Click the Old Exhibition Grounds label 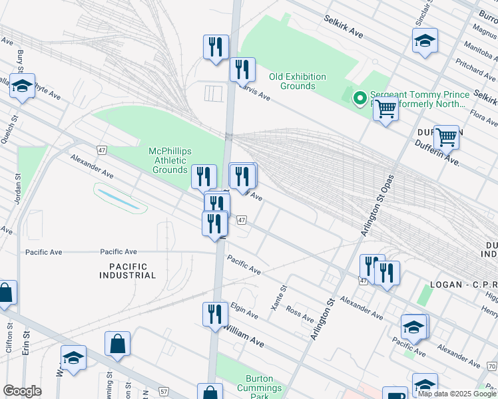coord(298,81)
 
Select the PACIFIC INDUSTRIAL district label coord(128,270)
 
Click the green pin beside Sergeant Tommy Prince coord(360,99)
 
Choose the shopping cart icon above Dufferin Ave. coord(446,137)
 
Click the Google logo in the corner coord(22,391)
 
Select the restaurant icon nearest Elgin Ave coord(214,313)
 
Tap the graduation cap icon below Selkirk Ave coord(425,41)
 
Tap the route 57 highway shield coord(164,393)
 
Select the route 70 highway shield coord(491,366)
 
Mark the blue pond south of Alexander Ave coord(121,198)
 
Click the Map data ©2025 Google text coord(457,394)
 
